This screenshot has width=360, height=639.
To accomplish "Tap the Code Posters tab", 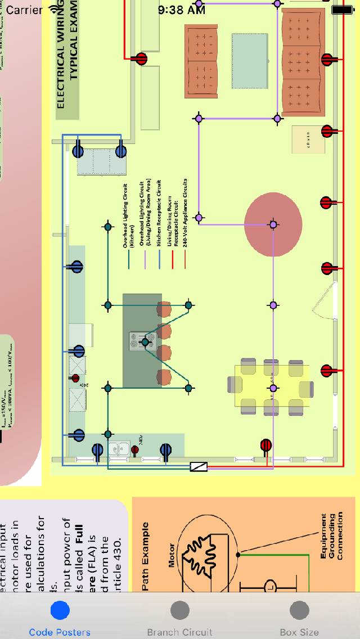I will tap(60, 618).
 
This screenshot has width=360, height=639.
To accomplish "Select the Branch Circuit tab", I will tap(179, 618).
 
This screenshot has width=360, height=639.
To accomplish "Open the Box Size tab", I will tap(299, 618).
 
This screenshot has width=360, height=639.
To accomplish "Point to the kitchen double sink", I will tap(119, 449).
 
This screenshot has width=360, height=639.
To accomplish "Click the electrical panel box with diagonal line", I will tap(199, 466).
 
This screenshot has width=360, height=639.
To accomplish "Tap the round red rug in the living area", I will tap(273, 224).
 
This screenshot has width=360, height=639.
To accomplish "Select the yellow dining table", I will tap(272, 386).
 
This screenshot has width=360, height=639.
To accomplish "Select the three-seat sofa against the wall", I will tap(303, 62).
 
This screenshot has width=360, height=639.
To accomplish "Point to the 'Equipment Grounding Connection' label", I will tap(332, 536).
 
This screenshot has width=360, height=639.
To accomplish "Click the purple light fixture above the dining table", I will tap(273, 388).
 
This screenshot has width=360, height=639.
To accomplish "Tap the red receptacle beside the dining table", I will tap(266, 446).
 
